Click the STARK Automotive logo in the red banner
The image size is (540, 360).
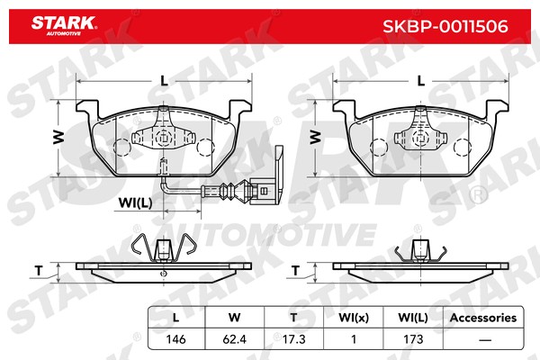tap(64, 26)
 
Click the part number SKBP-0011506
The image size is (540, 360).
tap(445, 26)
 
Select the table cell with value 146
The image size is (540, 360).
tap(175, 339)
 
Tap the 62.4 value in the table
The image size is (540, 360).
tap(235, 339)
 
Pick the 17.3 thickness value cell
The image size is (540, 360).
tap(293, 339)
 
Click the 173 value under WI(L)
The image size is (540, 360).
tap(413, 339)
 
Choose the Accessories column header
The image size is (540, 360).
tap(483, 318)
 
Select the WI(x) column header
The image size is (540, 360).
tap(354, 318)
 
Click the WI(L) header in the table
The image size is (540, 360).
tap(413, 318)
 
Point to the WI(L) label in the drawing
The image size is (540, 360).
tap(135, 202)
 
